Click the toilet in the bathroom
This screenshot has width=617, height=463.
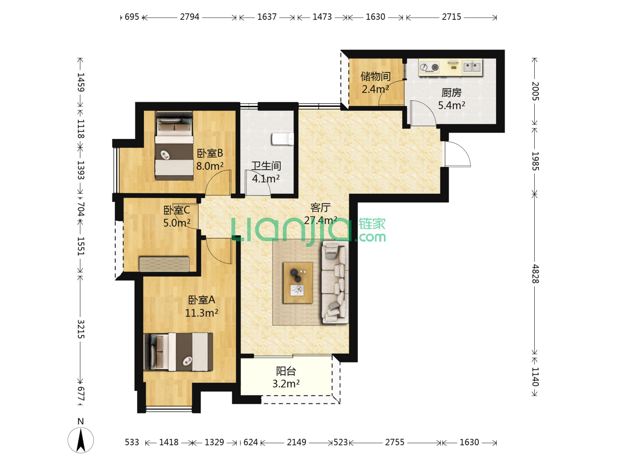282,139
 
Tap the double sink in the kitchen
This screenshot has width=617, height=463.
472,67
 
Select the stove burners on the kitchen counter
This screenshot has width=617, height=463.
429,67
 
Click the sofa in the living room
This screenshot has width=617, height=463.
335,282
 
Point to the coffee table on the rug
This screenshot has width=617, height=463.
298,283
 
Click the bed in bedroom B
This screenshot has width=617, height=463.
174,146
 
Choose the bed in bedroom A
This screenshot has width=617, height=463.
178,352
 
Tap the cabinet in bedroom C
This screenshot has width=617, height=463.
164,264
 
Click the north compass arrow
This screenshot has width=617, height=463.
81,440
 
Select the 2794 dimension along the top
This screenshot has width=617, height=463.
189,17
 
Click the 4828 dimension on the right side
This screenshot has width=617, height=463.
535,274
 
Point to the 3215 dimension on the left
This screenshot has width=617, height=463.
81,329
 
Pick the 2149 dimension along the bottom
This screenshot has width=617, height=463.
296,442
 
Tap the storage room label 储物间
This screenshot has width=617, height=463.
375,76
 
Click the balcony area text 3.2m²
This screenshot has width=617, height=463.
286,383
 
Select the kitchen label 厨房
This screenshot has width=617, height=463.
452,93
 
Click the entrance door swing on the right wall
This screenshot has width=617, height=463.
457,154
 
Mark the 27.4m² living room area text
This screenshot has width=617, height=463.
320,220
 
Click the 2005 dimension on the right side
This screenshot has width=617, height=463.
535,91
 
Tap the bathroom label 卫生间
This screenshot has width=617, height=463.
266,166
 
